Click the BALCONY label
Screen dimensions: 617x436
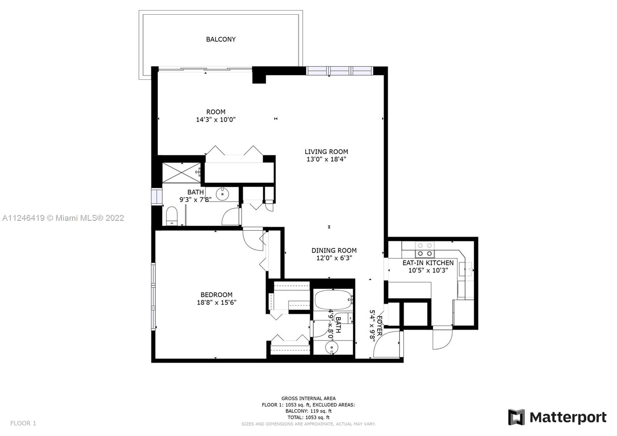(x=221, y=39)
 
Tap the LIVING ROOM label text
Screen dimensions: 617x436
(x=326, y=152)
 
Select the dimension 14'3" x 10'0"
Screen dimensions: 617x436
(x=216, y=120)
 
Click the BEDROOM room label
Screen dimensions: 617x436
(x=216, y=295)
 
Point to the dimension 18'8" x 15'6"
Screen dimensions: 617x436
(x=216, y=302)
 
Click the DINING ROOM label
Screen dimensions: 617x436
(x=334, y=250)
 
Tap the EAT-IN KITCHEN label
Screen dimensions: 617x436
(x=428, y=263)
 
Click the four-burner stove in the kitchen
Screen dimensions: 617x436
(x=425, y=249)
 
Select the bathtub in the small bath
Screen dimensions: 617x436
(x=334, y=299)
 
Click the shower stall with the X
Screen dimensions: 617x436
(x=181, y=172)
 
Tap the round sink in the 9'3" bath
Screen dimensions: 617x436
(x=222, y=194)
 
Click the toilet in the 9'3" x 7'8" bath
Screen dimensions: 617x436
(x=172, y=216)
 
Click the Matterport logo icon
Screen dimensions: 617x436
(x=516, y=417)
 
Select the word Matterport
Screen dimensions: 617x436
(x=568, y=417)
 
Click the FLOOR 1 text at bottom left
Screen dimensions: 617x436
(x=23, y=423)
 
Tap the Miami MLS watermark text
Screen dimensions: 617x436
(x=63, y=218)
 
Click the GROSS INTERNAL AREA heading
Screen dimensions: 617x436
(x=308, y=398)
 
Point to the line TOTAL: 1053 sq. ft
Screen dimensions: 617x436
(x=308, y=417)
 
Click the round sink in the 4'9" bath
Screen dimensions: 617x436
(x=331, y=348)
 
